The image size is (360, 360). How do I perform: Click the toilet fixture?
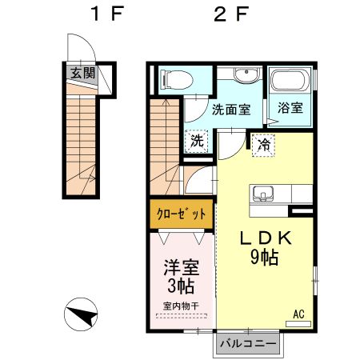click(176, 79)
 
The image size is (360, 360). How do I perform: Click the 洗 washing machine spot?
click(197, 140)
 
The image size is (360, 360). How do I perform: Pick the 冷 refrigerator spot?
click(262, 145)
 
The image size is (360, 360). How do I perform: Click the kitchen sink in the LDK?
click(264, 194)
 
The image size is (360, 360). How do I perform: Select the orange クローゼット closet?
click(181, 214)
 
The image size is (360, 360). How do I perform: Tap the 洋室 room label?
click(181, 265)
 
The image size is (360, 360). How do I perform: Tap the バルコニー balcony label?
click(248, 342)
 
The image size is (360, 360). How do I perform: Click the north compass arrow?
click(80, 314)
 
